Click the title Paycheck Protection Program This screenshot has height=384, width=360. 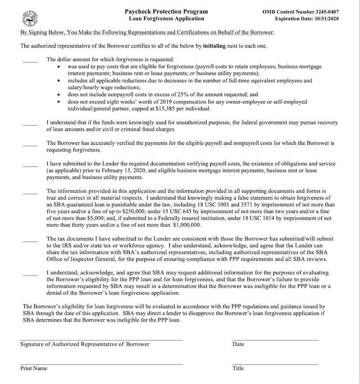pos(166,11)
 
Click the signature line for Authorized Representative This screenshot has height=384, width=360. pos(101,339)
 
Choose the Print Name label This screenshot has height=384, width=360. pos(34,368)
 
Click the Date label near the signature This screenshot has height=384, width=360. pos(238,344)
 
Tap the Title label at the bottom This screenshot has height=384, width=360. pos(238,368)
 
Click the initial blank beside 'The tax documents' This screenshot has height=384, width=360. pos(30,241)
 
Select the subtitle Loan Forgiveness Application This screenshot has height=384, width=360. pos(166,19)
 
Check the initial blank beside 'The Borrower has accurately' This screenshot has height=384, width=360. pos(30,144)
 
